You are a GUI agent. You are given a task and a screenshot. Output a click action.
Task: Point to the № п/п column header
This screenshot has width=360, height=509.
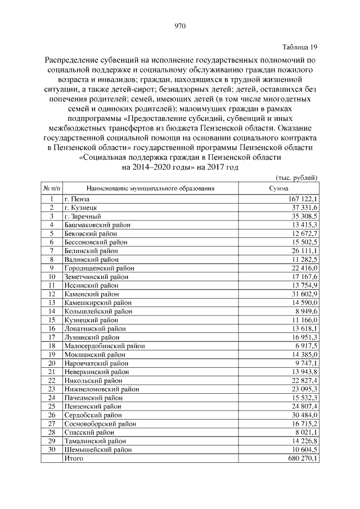tap(51, 188)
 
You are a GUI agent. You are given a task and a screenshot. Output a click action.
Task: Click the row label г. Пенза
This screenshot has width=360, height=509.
tap(77, 199)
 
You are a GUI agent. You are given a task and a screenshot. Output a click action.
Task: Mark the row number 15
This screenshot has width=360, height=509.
tap(51, 320)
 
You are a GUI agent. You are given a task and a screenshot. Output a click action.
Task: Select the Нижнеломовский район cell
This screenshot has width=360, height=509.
tap(101, 389)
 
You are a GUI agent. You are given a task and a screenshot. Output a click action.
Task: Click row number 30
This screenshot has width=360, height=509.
tap(51, 450)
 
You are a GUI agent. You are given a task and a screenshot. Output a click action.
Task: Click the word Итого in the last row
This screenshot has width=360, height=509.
tap(74, 459)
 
